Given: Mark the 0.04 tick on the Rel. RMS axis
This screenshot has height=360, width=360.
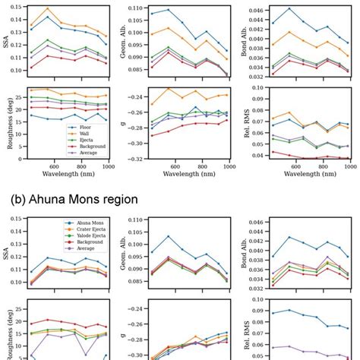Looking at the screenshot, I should [257, 155].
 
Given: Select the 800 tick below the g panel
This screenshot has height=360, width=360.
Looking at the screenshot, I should [201, 166].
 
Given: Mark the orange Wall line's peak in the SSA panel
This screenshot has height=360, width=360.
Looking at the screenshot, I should [48, 9].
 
